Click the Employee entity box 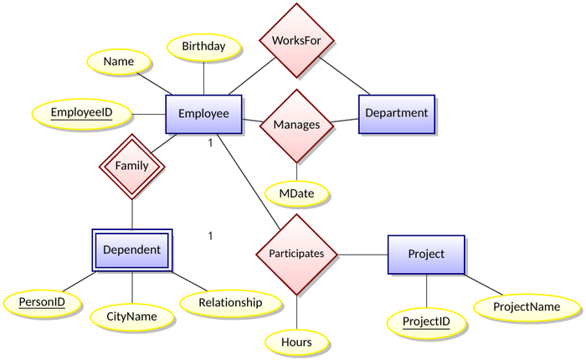coord(204,114)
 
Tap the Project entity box coord(425,255)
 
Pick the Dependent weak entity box coord(132,249)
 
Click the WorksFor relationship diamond coord(297,39)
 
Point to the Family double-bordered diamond coord(132,166)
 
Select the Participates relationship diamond coord(296,254)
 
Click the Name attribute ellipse coord(119,62)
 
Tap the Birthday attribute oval coord(203,47)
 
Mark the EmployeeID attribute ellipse coord(81,113)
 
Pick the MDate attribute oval coord(297,193)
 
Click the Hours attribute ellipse coord(297,342)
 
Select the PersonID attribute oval coord(43,301)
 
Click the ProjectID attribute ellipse coord(426,322)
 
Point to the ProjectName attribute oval coord(527,307)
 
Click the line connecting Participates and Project coord(362,254)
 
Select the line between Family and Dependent coord(132,213)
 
